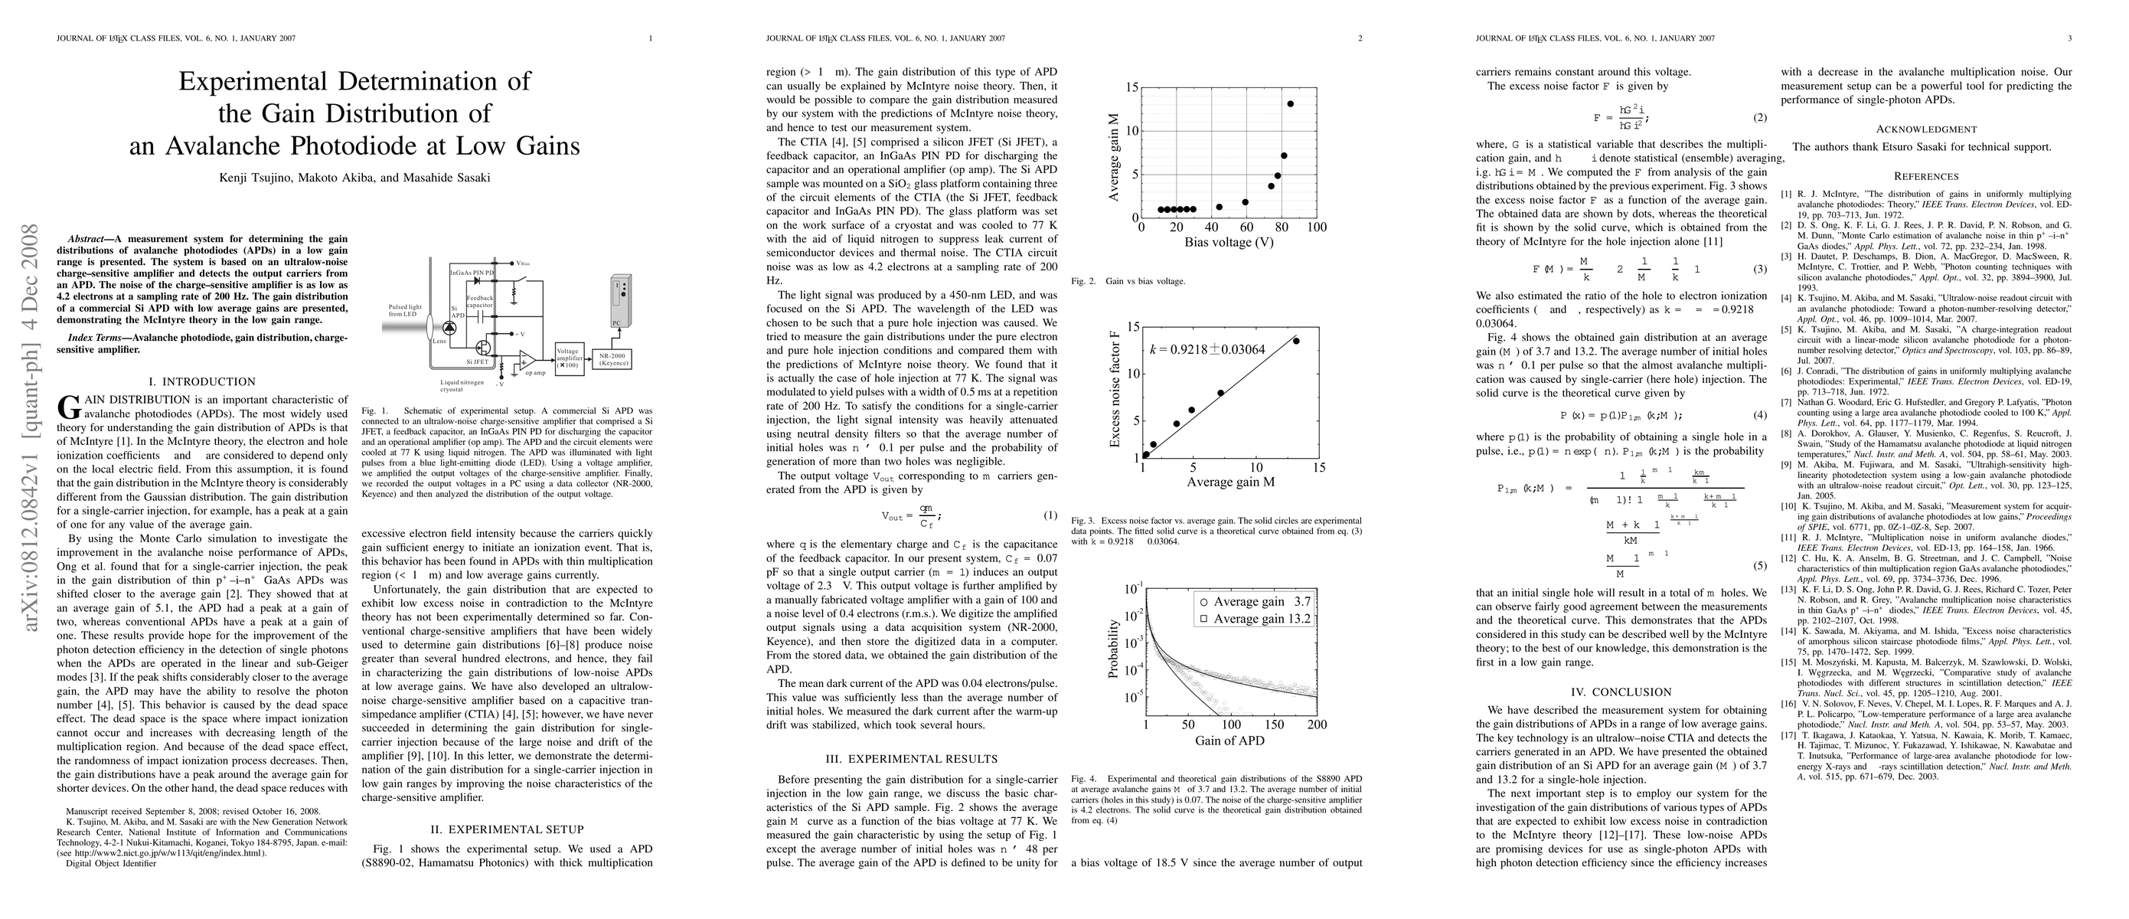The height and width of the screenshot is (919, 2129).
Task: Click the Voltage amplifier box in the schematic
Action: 568,357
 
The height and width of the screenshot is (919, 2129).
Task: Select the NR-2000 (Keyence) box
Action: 614,358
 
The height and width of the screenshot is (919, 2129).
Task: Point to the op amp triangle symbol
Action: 526,361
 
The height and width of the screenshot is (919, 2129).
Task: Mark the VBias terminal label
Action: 523,264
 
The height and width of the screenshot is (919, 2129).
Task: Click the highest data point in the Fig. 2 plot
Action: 1290,104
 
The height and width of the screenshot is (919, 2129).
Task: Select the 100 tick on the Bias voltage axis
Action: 1317,227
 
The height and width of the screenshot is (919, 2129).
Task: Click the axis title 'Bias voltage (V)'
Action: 1229,243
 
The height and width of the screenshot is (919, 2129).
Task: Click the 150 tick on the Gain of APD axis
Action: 1274,724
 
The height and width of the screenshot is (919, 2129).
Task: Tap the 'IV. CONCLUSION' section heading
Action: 1620,692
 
